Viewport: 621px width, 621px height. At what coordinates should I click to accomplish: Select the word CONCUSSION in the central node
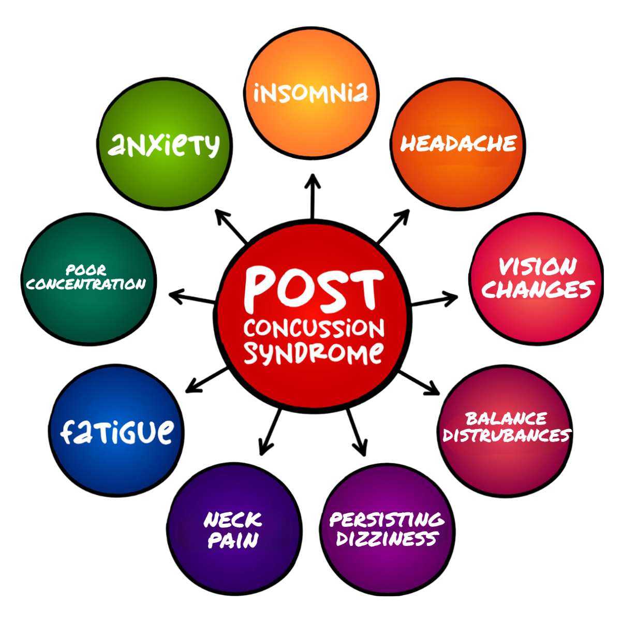pyautogui.click(x=314, y=328)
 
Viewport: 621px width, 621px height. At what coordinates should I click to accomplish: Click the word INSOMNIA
pyautogui.click(x=311, y=93)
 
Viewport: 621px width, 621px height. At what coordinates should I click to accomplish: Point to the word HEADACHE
pyautogui.click(x=459, y=143)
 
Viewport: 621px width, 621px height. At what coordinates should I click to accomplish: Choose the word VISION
pyautogui.click(x=537, y=267)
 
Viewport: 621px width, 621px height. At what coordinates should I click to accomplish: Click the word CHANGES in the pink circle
pyautogui.click(x=538, y=290)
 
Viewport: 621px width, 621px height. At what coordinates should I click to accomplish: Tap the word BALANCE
pyautogui.click(x=506, y=418)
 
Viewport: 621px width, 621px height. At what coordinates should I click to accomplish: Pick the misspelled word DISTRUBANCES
pyautogui.click(x=506, y=435)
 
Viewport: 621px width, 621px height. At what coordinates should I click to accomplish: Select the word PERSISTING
pyautogui.click(x=387, y=519)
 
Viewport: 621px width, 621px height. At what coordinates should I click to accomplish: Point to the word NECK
pyautogui.click(x=233, y=520)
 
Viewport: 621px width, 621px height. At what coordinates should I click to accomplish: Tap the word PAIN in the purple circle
pyautogui.click(x=233, y=541)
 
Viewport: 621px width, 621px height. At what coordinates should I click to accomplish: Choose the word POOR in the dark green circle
pyautogui.click(x=86, y=270)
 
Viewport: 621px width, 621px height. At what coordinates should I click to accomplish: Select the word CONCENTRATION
pyautogui.click(x=86, y=284)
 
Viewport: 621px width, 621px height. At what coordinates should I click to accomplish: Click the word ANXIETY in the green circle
pyautogui.click(x=164, y=145)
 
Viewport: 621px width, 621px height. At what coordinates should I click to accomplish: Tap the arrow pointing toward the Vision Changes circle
pyautogui.click(x=436, y=300)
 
